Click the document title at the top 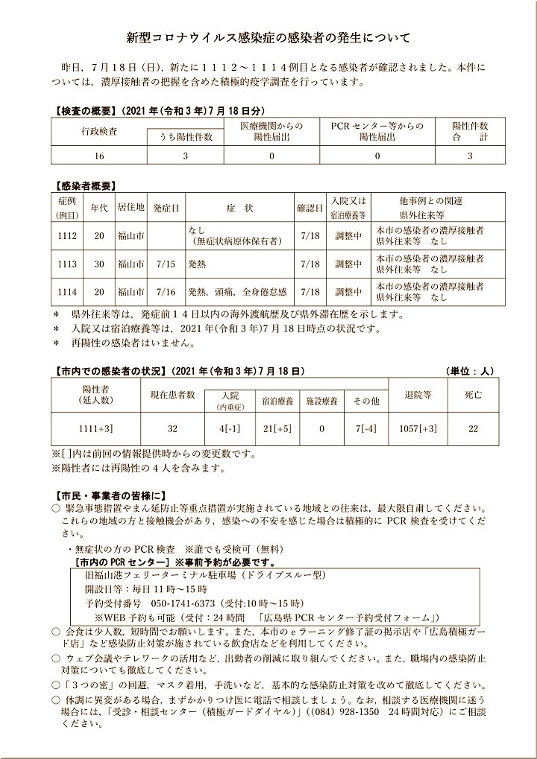(x=268, y=36)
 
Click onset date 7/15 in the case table (x=166, y=264)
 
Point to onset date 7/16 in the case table (x=166, y=291)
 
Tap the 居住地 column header (x=131, y=208)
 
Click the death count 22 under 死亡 (x=473, y=430)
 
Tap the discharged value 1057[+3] (x=418, y=430)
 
